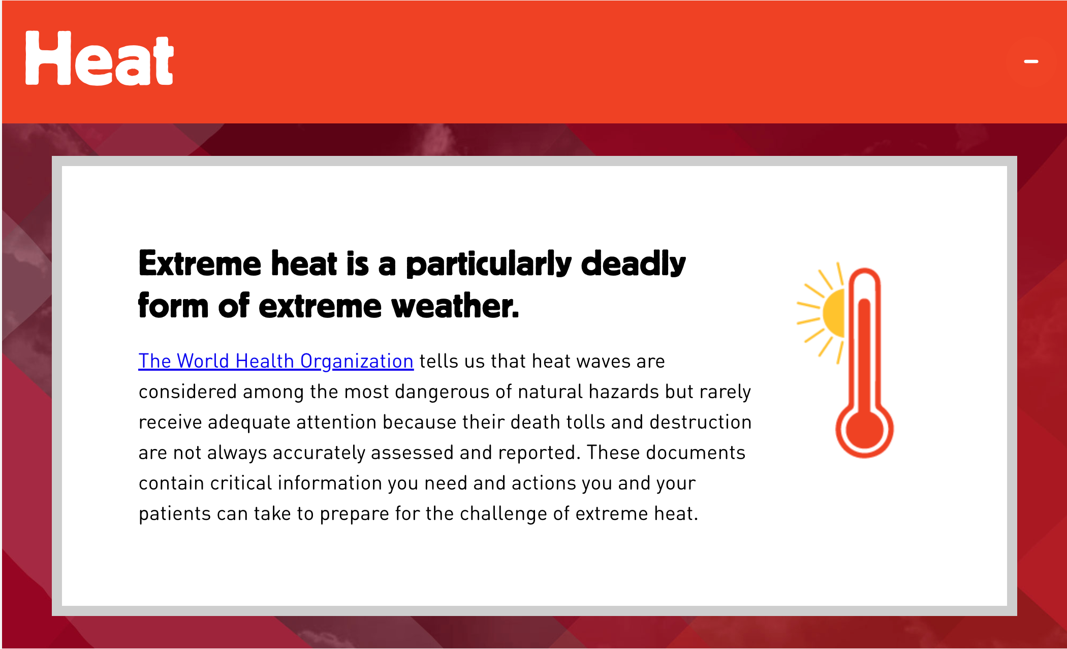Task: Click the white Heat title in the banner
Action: pyautogui.click(x=100, y=58)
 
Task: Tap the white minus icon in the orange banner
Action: pyautogui.click(x=1031, y=61)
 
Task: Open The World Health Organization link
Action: pyautogui.click(x=276, y=361)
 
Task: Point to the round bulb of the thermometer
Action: pyautogui.click(x=864, y=430)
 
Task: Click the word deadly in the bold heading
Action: pyautogui.click(x=633, y=264)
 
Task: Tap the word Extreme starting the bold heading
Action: pyautogui.click(x=200, y=264)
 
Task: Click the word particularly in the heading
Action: pyautogui.click(x=489, y=264)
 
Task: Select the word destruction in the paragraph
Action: pyautogui.click(x=701, y=422)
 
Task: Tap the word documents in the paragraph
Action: pyautogui.click(x=696, y=452)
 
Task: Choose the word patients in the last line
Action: pyautogui.click(x=174, y=513)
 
